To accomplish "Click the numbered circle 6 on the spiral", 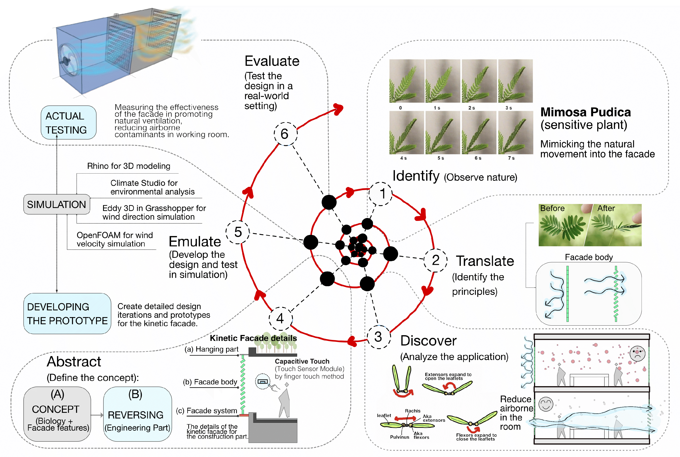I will point(285,134).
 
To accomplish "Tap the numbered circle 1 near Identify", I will point(381,194).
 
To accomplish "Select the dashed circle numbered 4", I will point(280,318).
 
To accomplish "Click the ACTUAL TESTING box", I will point(68,123).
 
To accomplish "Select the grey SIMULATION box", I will point(56,204).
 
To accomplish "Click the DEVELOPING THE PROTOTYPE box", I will point(67,314).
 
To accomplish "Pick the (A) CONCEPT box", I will point(57,414).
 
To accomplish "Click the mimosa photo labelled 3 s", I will point(515,81).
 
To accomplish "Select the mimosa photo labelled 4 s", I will point(406,133).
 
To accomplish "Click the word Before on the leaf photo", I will point(552,208).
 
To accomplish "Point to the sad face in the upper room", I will point(637,354).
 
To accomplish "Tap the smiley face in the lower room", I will point(545,404).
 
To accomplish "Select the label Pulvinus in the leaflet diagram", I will point(399,437).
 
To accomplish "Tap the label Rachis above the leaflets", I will point(412,411).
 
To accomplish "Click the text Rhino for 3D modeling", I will point(129,166).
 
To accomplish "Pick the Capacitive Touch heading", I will point(302,361).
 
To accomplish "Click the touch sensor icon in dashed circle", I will point(262,382).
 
